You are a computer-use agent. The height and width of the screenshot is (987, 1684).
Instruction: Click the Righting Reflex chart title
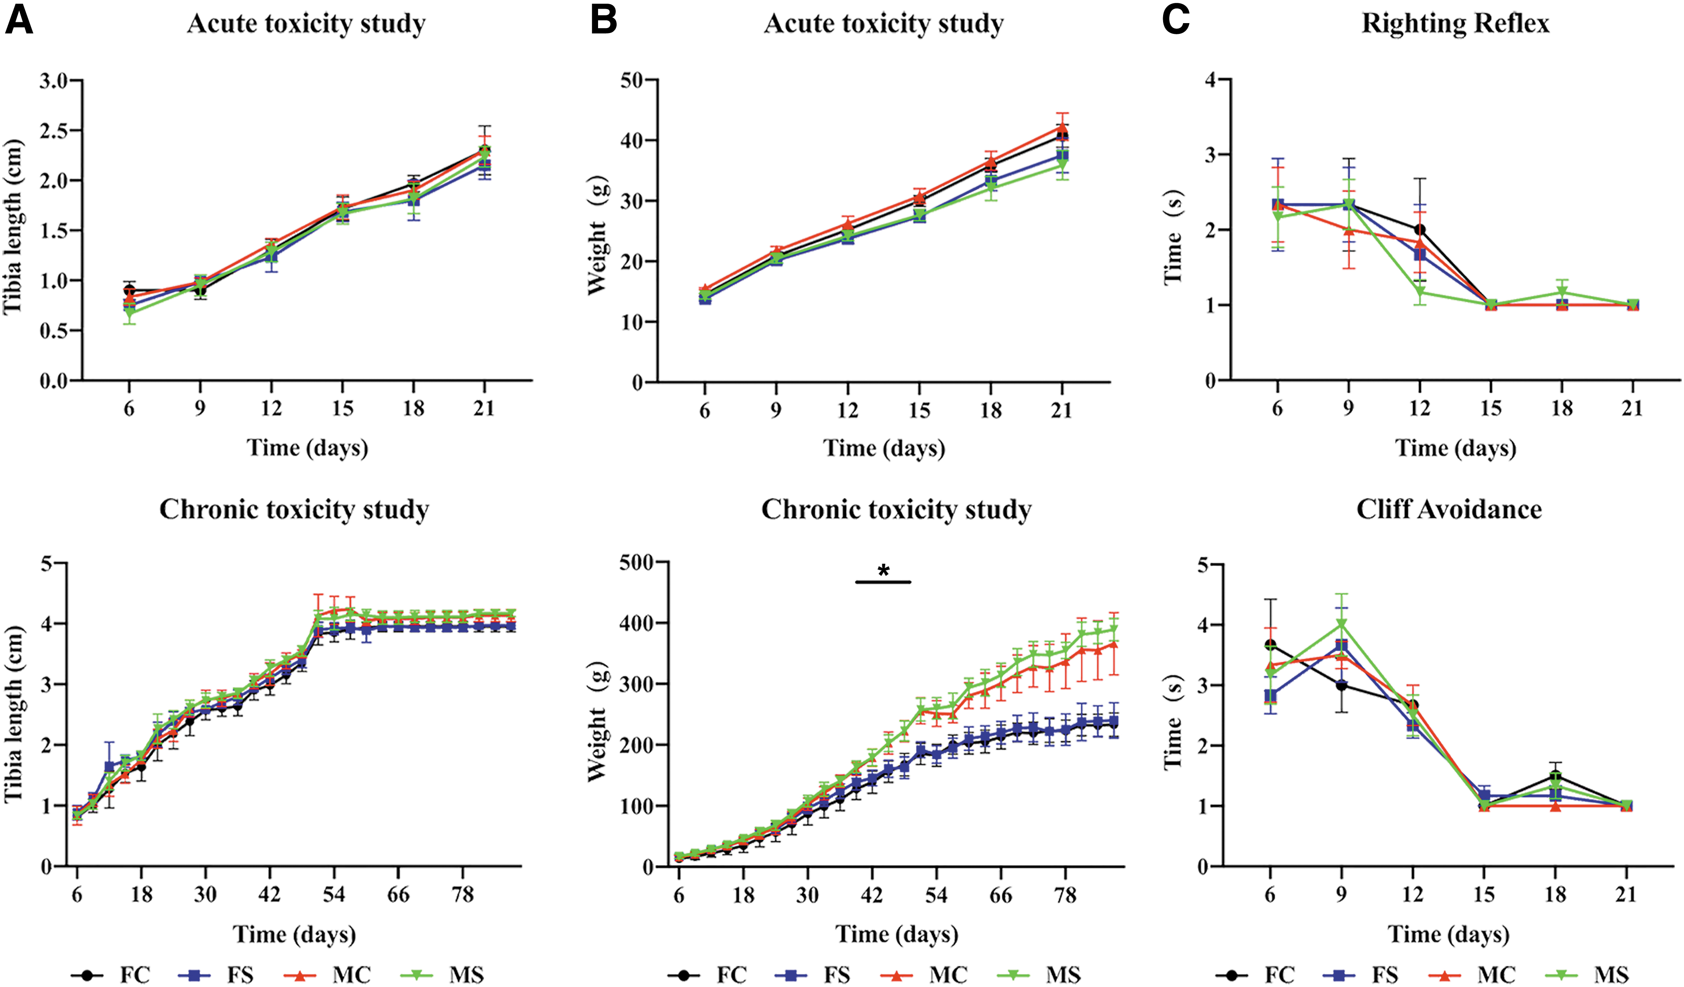(1455, 24)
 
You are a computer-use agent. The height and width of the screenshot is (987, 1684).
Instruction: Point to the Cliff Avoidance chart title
(1449, 509)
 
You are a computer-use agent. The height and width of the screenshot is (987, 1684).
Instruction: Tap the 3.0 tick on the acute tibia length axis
(54, 81)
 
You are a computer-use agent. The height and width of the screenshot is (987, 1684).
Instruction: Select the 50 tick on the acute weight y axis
(631, 80)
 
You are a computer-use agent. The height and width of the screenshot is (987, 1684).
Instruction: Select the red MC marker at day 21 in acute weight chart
(1062, 127)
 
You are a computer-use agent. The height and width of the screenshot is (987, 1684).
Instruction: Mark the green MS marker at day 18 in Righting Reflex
(1562, 292)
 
